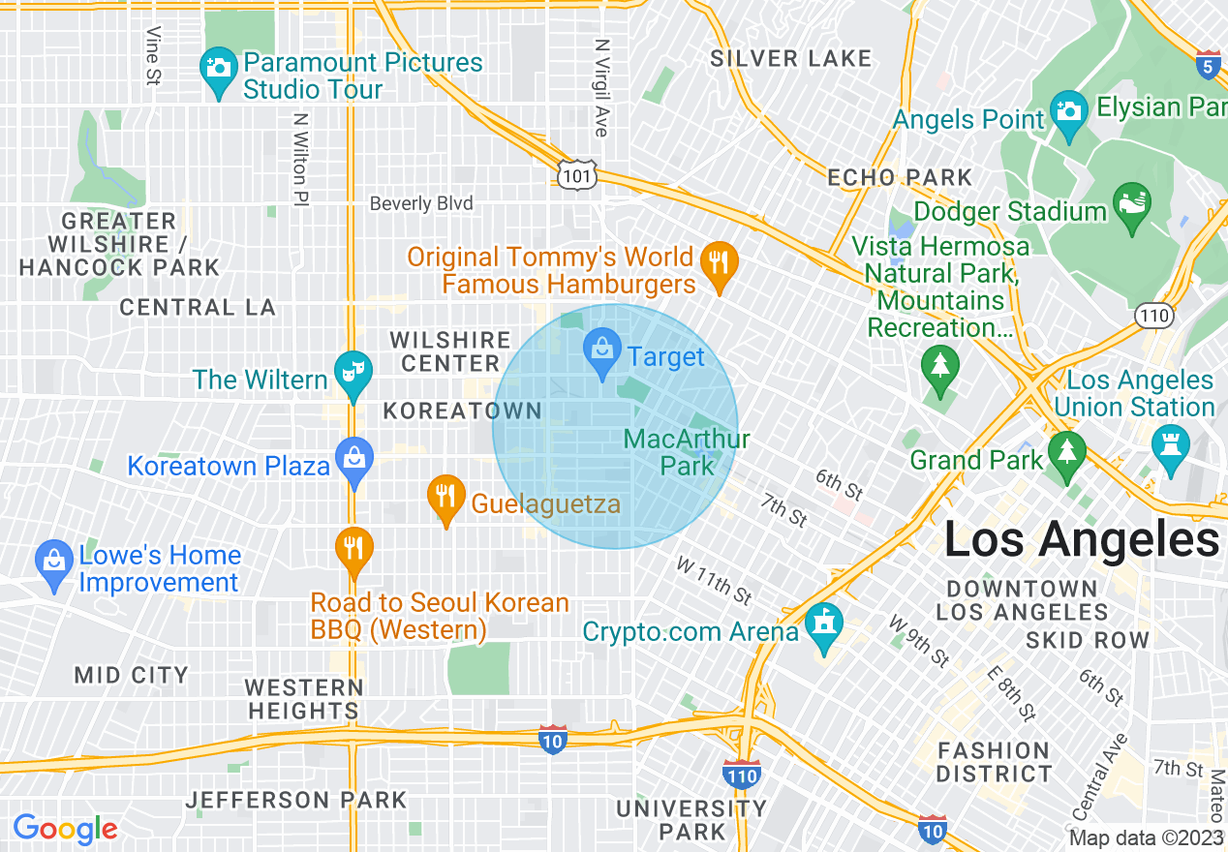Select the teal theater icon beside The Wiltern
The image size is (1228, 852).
(x=353, y=374)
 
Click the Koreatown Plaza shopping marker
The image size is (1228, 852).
(x=354, y=461)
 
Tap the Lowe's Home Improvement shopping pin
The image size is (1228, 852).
(x=53, y=563)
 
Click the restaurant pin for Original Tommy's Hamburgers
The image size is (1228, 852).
(x=719, y=264)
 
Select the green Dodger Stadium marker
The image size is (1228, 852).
(x=1131, y=205)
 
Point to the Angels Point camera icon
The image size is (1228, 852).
(x=1069, y=112)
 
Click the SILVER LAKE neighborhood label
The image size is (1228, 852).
(x=791, y=59)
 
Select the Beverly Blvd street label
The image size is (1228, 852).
(x=421, y=203)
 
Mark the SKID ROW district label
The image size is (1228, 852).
(x=1088, y=640)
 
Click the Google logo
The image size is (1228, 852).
(x=66, y=829)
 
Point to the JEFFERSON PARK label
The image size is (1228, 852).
(x=297, y=800)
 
